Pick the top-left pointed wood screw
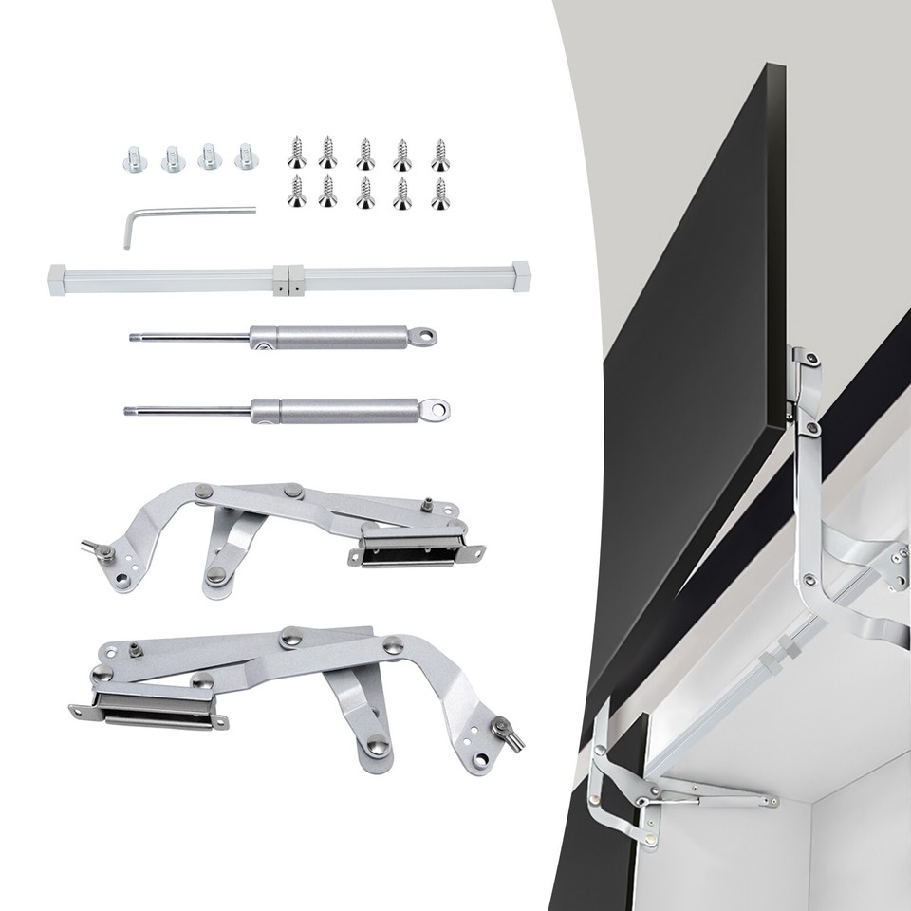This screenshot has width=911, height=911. click(296, 150)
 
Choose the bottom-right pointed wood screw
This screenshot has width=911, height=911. click(439, 192)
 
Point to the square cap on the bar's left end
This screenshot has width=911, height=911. click(57, 279)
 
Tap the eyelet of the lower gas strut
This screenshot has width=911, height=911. click(438, 409)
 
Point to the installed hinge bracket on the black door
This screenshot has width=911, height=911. click(806, 389)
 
